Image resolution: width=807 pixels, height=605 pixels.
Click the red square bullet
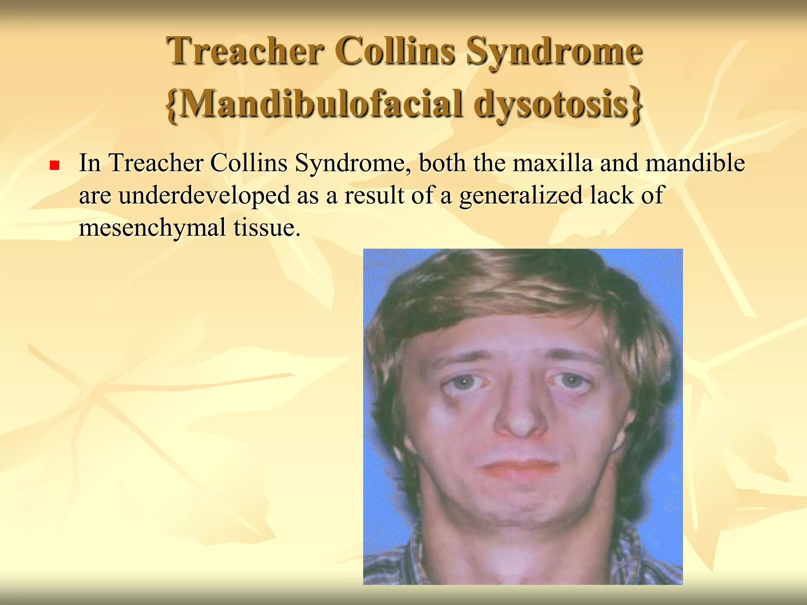pos(54,165)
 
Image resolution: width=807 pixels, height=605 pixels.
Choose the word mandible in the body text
pos(695,163)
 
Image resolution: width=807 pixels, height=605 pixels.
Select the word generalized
pos(521,195)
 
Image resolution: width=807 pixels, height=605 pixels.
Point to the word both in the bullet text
pos(442,163)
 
